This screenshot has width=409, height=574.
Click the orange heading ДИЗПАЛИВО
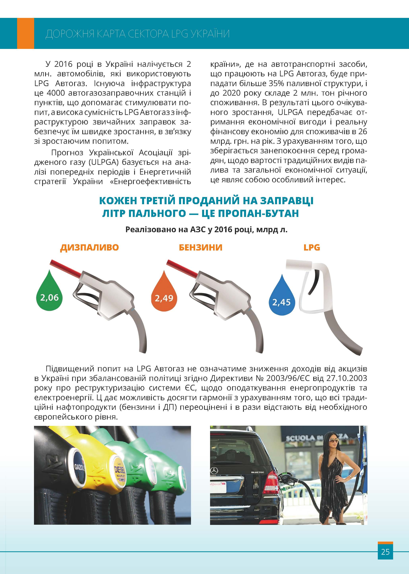coord(89,248)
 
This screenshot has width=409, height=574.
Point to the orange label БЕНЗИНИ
coord(201,248)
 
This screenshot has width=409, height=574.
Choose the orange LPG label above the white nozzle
coord(312,248)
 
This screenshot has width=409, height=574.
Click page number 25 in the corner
coord(385,552)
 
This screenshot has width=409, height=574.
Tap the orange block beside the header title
coord(25,33)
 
